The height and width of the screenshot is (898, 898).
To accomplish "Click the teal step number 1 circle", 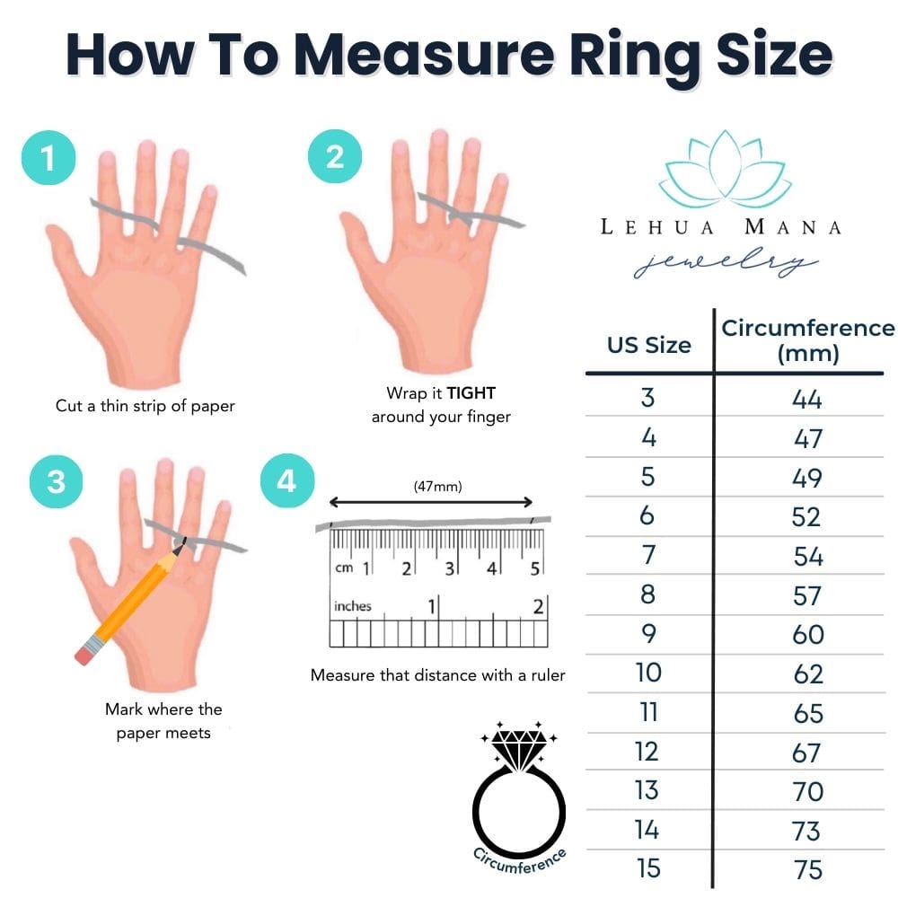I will click(47, 159).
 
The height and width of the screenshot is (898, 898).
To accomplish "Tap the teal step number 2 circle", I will click(334, 158).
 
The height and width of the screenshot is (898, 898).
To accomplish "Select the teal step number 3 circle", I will click(56, 482).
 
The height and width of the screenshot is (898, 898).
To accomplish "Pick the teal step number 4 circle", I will click(286, 482).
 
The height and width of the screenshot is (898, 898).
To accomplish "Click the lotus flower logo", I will click(725, 171).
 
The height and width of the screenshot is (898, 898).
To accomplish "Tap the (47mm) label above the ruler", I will click(437, 487).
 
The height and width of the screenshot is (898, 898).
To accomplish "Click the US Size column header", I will click(649, 345).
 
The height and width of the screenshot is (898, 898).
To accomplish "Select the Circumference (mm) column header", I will click(807, 340).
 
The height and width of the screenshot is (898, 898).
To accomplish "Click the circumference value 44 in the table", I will click(807, 399).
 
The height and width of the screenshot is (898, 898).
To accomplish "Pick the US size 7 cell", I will click(648, 555).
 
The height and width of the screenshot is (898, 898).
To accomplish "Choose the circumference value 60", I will click(808, 634).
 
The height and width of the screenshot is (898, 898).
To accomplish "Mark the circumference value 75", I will click(808, 869).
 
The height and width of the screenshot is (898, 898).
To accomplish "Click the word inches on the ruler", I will click(353, 606).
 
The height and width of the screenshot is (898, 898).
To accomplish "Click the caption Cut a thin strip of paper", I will click(145, 406).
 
